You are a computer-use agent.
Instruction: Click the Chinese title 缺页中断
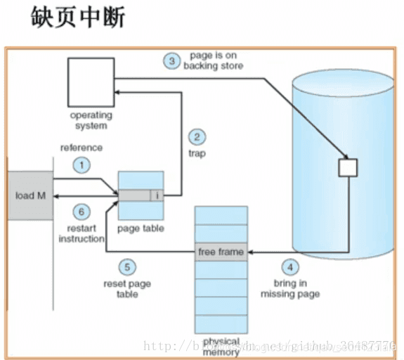click(x=78, y=18)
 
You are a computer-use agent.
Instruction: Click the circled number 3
click(x=172, y=60)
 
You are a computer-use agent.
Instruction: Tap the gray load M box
click(x=30, y=195)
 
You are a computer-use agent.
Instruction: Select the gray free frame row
click(x=221, y=252)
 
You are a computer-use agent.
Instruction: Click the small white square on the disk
click(x=348, y=167)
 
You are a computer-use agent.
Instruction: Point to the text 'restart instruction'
click(x=82, y=233)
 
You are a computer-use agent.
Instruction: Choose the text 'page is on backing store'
click(x=213, y=60)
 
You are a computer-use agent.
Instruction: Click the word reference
click(x=81, y=148)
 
